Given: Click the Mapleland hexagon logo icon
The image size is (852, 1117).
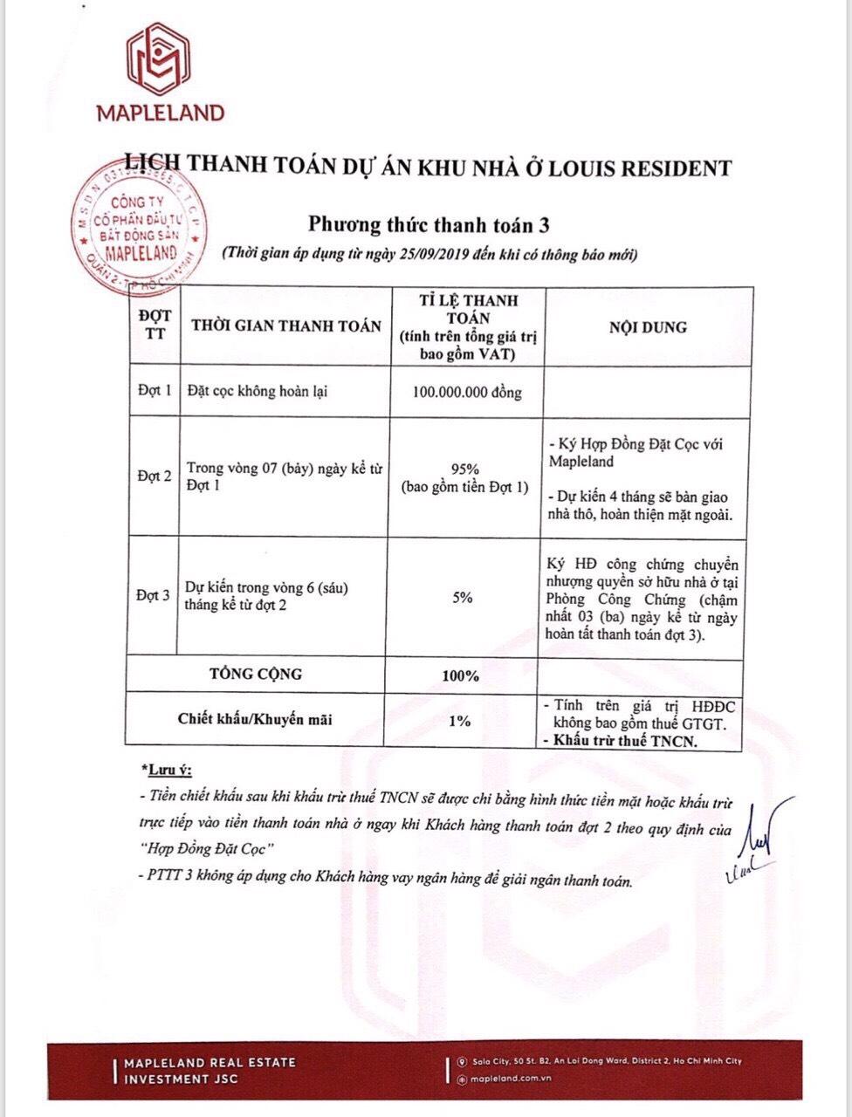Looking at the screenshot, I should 159,60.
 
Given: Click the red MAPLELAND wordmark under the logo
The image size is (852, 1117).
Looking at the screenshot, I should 160,113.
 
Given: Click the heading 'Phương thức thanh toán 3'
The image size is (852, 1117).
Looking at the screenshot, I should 429,224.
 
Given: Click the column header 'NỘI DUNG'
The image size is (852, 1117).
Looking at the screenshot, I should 648,327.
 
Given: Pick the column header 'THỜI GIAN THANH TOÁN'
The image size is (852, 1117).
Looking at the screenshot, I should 285,326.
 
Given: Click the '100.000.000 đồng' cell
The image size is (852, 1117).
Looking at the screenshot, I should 467,393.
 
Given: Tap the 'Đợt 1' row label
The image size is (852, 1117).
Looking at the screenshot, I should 155,391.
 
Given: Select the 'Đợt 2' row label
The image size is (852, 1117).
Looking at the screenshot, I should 155,476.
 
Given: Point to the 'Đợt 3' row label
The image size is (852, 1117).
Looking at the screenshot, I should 153,596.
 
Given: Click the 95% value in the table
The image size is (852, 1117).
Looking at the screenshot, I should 464,467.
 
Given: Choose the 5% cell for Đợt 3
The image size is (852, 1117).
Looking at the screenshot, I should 463,598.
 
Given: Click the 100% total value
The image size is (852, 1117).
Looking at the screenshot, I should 460,675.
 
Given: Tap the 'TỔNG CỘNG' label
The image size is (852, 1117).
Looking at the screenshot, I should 256,674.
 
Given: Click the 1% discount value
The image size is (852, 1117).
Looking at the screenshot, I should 459,721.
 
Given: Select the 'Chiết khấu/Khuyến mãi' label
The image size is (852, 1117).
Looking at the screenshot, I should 255,720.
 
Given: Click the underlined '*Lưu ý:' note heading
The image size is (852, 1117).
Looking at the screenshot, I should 166,771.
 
